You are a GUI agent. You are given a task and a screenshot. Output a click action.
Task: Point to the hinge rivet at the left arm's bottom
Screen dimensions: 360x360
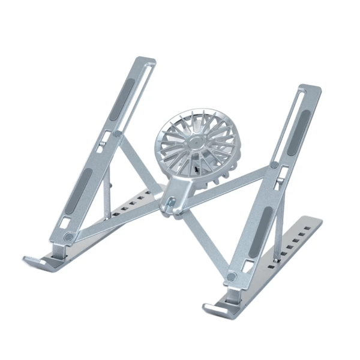point(68,238)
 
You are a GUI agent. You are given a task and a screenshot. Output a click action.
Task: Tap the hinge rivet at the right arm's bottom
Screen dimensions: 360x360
point(231,277)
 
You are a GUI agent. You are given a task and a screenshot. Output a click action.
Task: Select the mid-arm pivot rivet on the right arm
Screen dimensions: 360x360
point(274,164)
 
